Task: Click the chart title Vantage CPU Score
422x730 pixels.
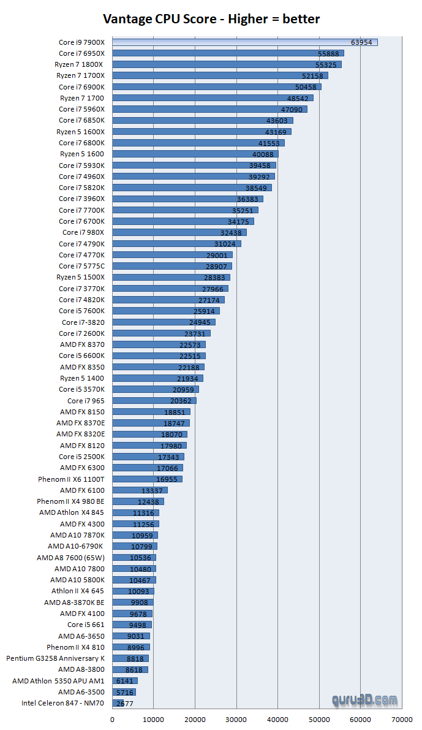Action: (x=211, y=19)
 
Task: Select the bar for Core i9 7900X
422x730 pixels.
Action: (x=245, y=42)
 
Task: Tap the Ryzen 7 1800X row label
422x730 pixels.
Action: (x=81, y=64)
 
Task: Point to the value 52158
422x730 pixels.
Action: (x=313, y=76)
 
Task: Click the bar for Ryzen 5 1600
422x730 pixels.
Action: (x=195, y=154)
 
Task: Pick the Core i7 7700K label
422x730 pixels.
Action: (x=81, y=210)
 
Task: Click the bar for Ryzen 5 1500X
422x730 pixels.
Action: (x=171, y=278)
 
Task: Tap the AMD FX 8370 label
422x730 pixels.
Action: (x=82, y=344)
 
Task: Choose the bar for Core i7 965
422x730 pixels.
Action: (x=154, y=401)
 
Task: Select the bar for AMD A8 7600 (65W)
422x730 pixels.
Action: (x=134, y=558)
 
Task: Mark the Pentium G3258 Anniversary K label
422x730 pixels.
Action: (x=55, y=658)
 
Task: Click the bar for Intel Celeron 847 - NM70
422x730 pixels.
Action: (x=118, y=703)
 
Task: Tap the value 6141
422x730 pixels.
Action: (x=125, y=681)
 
